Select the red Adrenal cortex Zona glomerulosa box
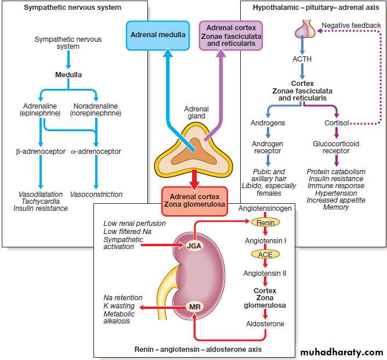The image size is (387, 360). tap(194, 201)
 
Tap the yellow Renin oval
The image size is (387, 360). tap(265, 222)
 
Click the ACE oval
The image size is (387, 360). tap(265, 254)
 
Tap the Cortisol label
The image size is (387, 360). tap(337, 123)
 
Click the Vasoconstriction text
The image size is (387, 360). tap(96, 194)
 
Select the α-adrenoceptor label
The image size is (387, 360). tap(96, 152)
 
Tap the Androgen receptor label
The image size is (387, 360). tap(269, 147)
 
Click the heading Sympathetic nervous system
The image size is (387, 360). tap(73, 8)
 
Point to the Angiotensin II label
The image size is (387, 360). tap(265, 272)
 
